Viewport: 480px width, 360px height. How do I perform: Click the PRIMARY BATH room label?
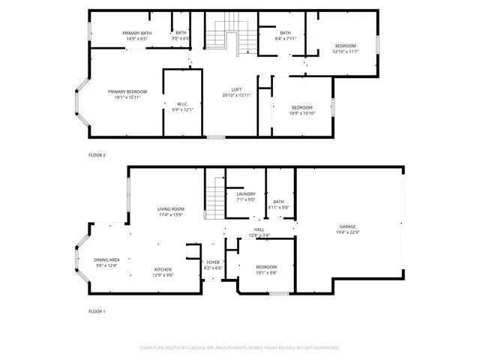coord(137,32)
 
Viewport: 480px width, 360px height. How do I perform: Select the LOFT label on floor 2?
coord(236,90)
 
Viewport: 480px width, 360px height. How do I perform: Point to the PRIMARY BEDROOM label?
coord(127,91)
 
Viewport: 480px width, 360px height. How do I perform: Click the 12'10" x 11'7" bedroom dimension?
coord(346,52)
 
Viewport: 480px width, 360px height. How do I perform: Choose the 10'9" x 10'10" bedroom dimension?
coord(302,113)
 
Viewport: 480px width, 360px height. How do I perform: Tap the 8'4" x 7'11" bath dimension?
coord(285,38)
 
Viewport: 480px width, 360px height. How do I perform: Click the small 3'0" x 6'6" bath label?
coord(181,38)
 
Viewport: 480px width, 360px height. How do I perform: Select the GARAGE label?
coord(347,226)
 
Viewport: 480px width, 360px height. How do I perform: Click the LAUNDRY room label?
coord(246,193)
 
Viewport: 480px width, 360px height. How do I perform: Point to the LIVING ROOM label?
coord(170,208)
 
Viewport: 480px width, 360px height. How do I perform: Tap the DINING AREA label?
coord(106,259)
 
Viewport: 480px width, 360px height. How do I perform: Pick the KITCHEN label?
coord(163,269)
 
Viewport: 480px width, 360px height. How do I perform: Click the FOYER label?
coord(214,262)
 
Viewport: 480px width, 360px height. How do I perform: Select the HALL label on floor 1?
coord(259,229)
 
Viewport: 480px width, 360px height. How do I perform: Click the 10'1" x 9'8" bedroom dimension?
coord(266,273)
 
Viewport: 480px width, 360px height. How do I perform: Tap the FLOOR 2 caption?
coord(97,154)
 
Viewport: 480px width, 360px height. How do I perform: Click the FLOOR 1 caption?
coord(97,310)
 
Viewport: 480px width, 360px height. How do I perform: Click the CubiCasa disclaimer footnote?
coord(240,347)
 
